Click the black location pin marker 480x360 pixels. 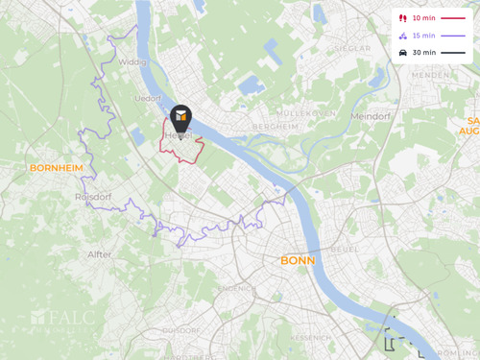(x=180, y=118)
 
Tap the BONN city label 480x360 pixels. (x=297, y=260)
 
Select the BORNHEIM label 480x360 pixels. (x=56, y=167)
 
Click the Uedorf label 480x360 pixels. (x=148, y=98)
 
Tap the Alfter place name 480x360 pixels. (x=99, y=254)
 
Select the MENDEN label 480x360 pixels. (x=430, y=75)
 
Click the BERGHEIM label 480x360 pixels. (x=275, y=126)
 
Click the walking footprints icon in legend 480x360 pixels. (x=402, y=18)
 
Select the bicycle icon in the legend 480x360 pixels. (x=402, y=36)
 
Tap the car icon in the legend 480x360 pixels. (x=402, y=53)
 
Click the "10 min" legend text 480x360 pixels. (x=423, y=18)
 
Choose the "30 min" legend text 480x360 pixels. (x=423, y=53)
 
